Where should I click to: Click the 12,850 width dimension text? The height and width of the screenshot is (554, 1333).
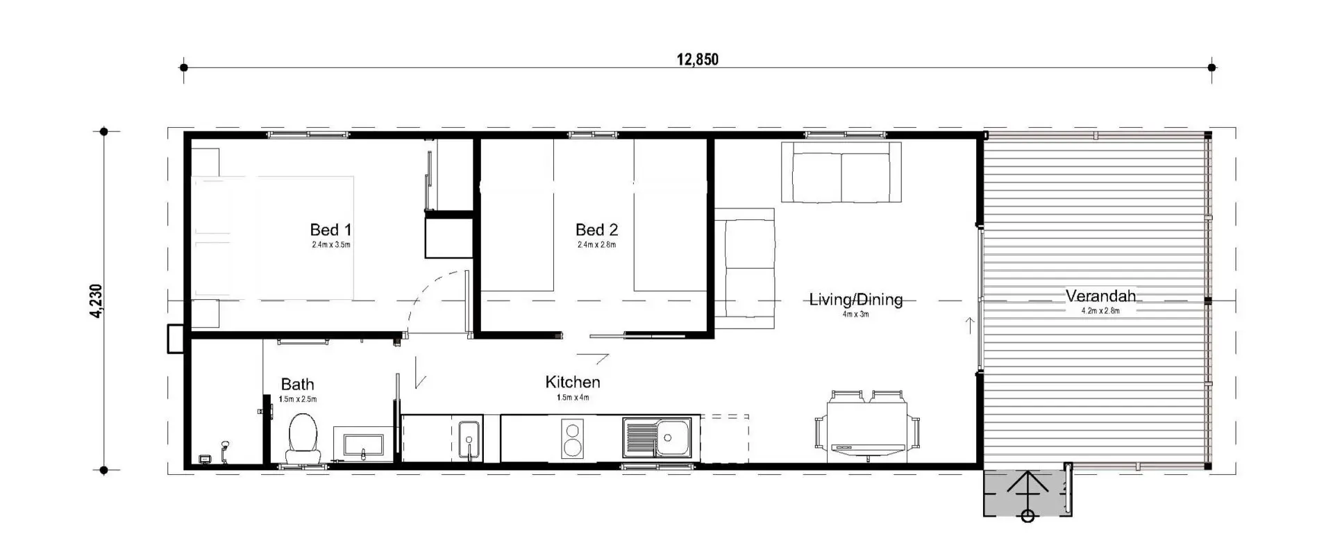tap(698, 59)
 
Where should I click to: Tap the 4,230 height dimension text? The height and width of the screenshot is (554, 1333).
tap(97, 301)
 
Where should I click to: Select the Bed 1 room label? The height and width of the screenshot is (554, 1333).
tap(331, 230)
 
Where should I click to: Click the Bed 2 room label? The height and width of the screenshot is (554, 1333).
tap(596, 230)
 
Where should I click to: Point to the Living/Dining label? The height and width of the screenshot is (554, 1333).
tap(856, 300)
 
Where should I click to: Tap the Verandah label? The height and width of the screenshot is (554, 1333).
tap(1100, 296)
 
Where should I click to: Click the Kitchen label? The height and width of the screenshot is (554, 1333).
tap(573, 382)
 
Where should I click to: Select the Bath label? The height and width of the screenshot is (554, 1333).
tap(297, 385)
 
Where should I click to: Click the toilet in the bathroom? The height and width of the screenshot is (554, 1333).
tap(303, 439)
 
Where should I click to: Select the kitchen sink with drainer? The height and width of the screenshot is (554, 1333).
tap(657, 438)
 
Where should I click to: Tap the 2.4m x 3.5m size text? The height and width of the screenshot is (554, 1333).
tap(331, 245)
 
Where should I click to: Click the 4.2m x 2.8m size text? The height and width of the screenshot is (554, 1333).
tap(1100, 311)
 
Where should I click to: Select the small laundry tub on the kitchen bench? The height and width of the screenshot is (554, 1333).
tap(469, 439)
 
